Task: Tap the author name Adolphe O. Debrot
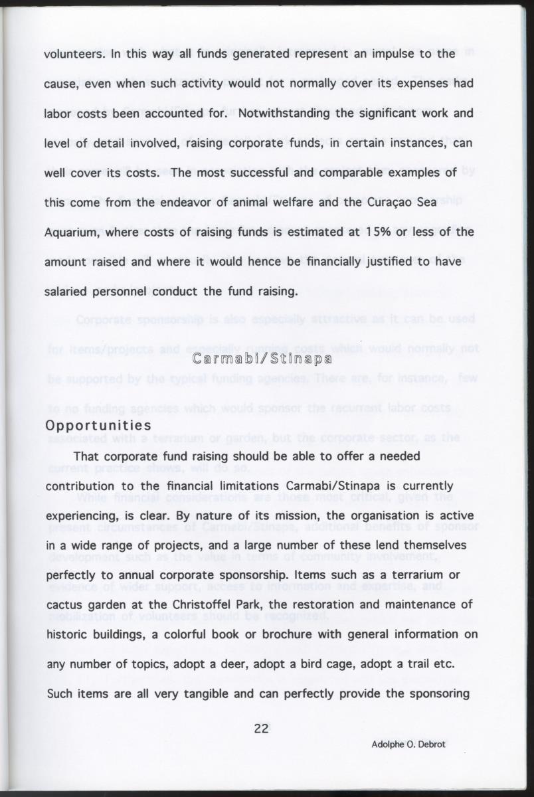(x=408, y=744)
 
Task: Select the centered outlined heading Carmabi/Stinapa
(x=262, y=359)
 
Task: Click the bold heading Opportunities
(x=98, y=425)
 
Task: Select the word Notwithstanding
(x=285, y=113)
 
